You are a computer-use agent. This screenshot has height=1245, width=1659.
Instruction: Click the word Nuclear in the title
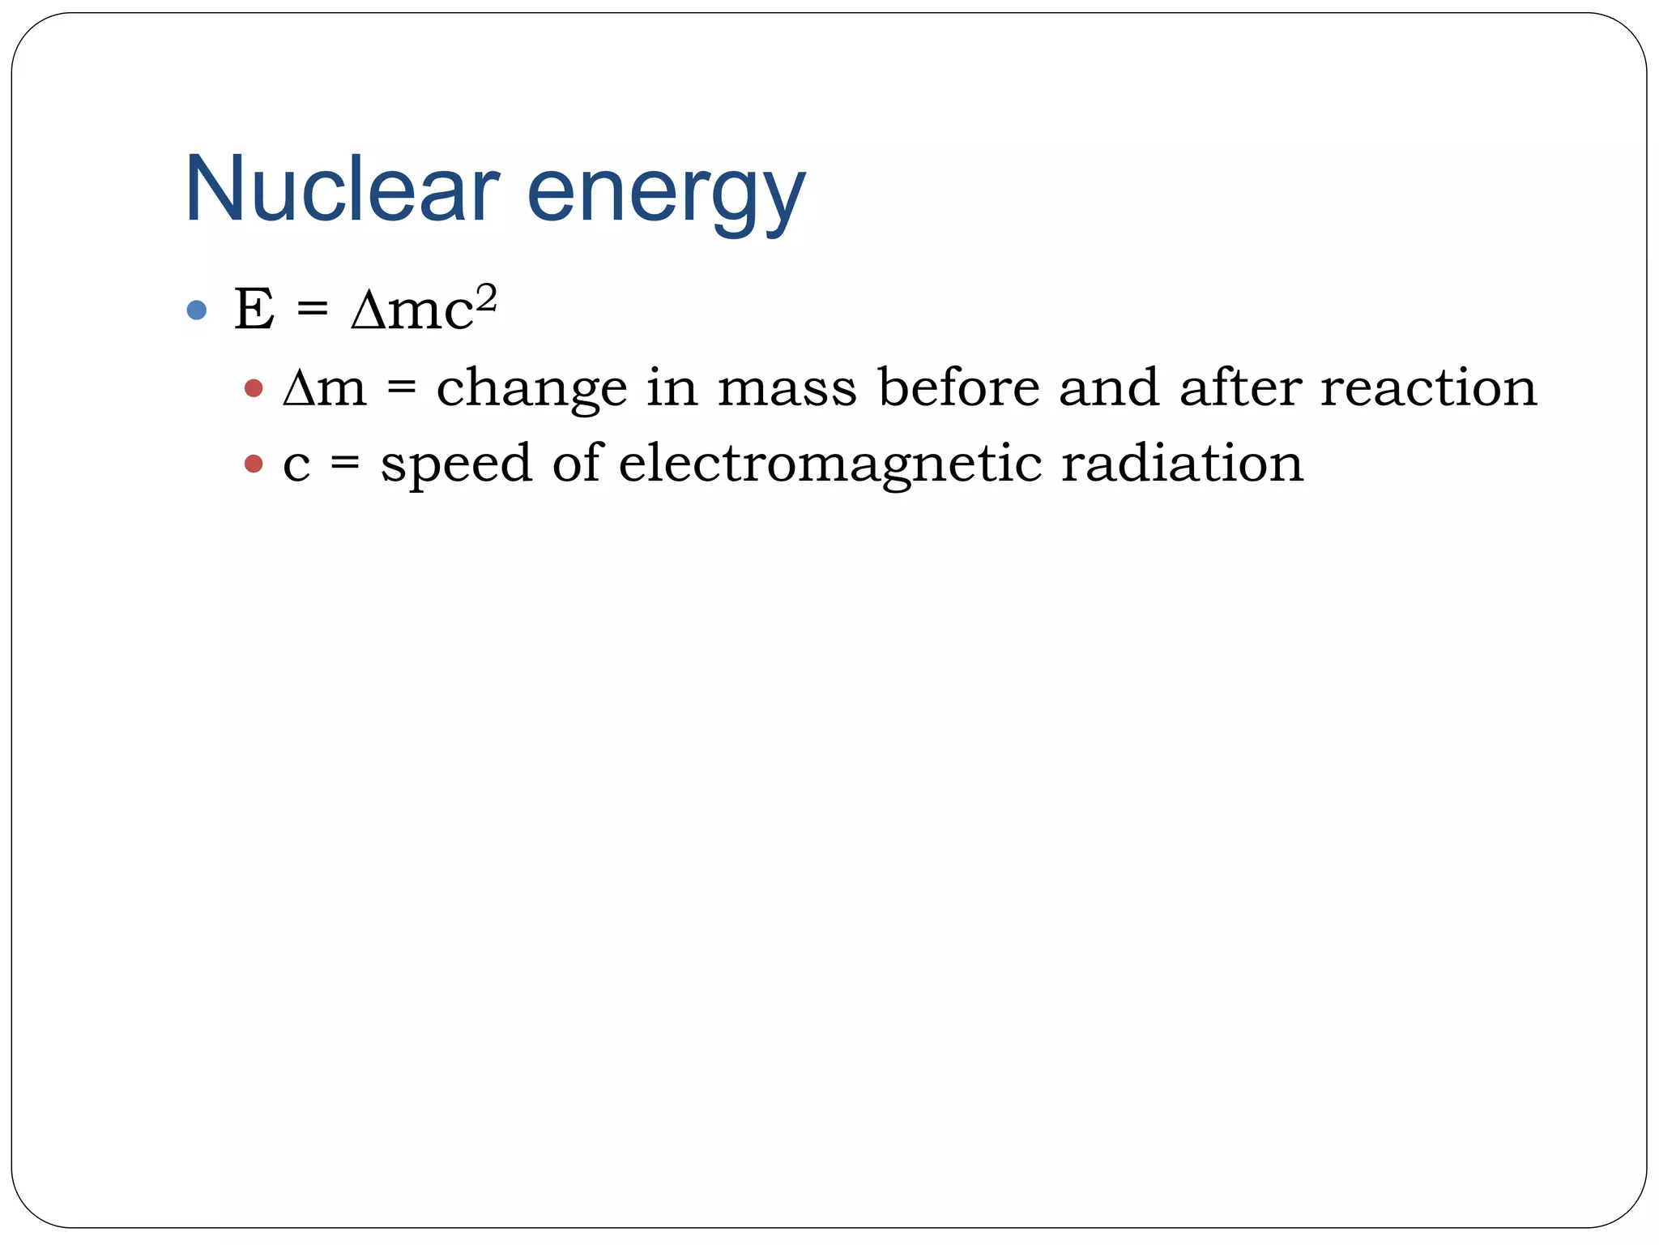341,189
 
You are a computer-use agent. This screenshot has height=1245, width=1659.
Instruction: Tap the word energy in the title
666,195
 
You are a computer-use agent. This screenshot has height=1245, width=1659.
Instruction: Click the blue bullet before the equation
196,310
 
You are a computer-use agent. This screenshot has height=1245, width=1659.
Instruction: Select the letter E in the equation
254,309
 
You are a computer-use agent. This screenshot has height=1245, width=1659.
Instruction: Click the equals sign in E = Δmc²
313,310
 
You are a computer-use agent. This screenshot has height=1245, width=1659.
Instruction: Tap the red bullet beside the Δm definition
254,388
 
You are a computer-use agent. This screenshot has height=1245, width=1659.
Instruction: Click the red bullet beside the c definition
254,464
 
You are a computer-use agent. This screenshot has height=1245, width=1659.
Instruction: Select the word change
531,389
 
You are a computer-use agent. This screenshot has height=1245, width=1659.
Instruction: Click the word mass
787,387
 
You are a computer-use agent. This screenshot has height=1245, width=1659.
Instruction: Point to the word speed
456,464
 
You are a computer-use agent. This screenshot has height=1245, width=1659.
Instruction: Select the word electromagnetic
830,464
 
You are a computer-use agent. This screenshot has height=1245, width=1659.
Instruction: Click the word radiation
1182,463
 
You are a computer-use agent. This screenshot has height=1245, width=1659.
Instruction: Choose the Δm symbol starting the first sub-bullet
324,387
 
